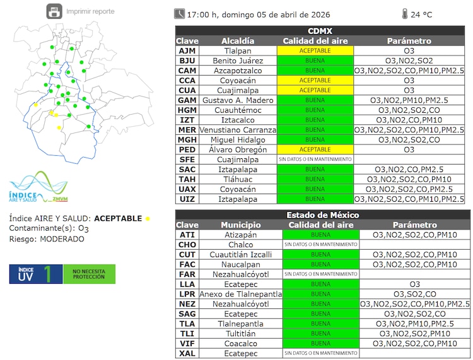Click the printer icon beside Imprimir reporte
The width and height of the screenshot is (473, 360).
pyautogui.click(x=55, y=11)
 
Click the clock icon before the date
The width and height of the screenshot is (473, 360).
pyautogui.click(x=180, y=13)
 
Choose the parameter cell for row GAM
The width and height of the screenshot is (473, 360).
pyautogui.click(x=409, y=100)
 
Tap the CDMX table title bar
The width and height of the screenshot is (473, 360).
pyautogui.click(x=320, y=31)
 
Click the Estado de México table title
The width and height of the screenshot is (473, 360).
pyautogui.click(x=322, y=215)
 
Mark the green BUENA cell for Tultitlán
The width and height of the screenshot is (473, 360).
pyautogui.click(x=320, y=334)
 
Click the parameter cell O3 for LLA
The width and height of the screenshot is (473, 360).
pyautogui.click(x=414, y=284)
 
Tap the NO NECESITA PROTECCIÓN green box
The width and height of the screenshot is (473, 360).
pyautogui.click(x=89, y=274)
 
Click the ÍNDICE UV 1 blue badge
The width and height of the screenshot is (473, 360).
pyautogui.click(x=35, y=274)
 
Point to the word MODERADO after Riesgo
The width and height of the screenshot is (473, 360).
pyautogui.click(x=62, y=239)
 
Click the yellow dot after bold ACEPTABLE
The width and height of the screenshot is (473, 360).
pyautogui.click(x=148, y=219)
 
